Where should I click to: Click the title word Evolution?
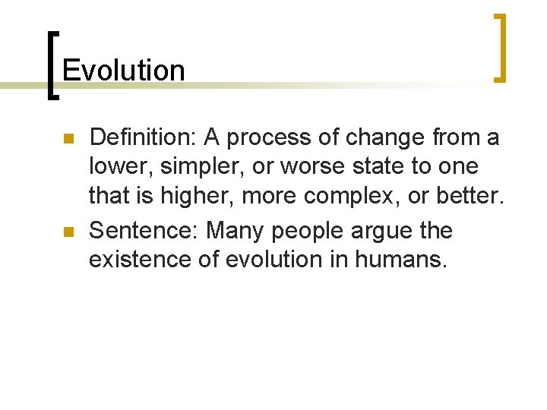(124, 71)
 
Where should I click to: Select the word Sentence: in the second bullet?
(144, 230)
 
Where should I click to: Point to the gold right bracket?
(499, 47)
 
